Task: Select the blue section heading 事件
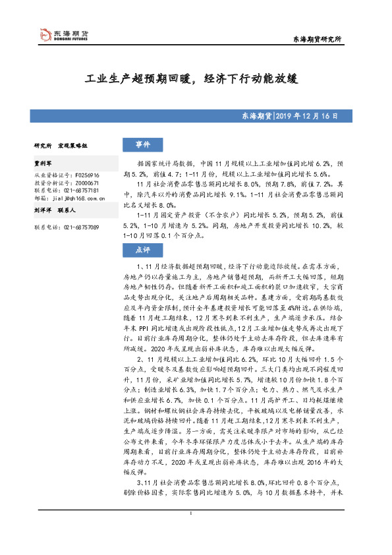pos(143,144)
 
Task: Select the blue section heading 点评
pos(143,250)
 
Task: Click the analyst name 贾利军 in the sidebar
pos(43,161)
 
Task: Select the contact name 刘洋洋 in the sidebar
pos(43,211)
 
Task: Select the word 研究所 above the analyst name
pos(43,144)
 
